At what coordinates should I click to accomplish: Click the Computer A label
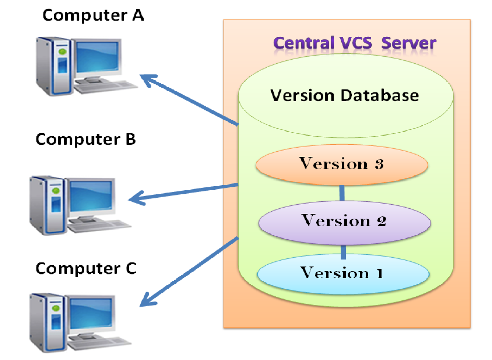(x=93, y=15)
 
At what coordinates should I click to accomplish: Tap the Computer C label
(x=86, y=268)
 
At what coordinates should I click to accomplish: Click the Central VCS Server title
(x=354, y=43)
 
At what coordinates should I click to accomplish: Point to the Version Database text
(x=344, y=96)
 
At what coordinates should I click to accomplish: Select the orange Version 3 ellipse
(x=342, y=164)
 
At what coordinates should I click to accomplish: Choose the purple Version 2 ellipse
(x=344, y=222)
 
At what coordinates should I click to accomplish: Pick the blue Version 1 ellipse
(x=343, y=273)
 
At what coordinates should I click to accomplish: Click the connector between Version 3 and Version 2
(x=342, y=193)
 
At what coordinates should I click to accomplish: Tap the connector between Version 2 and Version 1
(x=343, y=252)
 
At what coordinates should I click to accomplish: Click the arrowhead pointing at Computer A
(x=147, y=79)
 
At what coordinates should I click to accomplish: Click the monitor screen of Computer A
(x=98, y=57)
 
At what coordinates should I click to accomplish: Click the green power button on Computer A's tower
(x=62, y=52)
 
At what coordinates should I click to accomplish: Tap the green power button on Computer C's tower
(x=56, y=308)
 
